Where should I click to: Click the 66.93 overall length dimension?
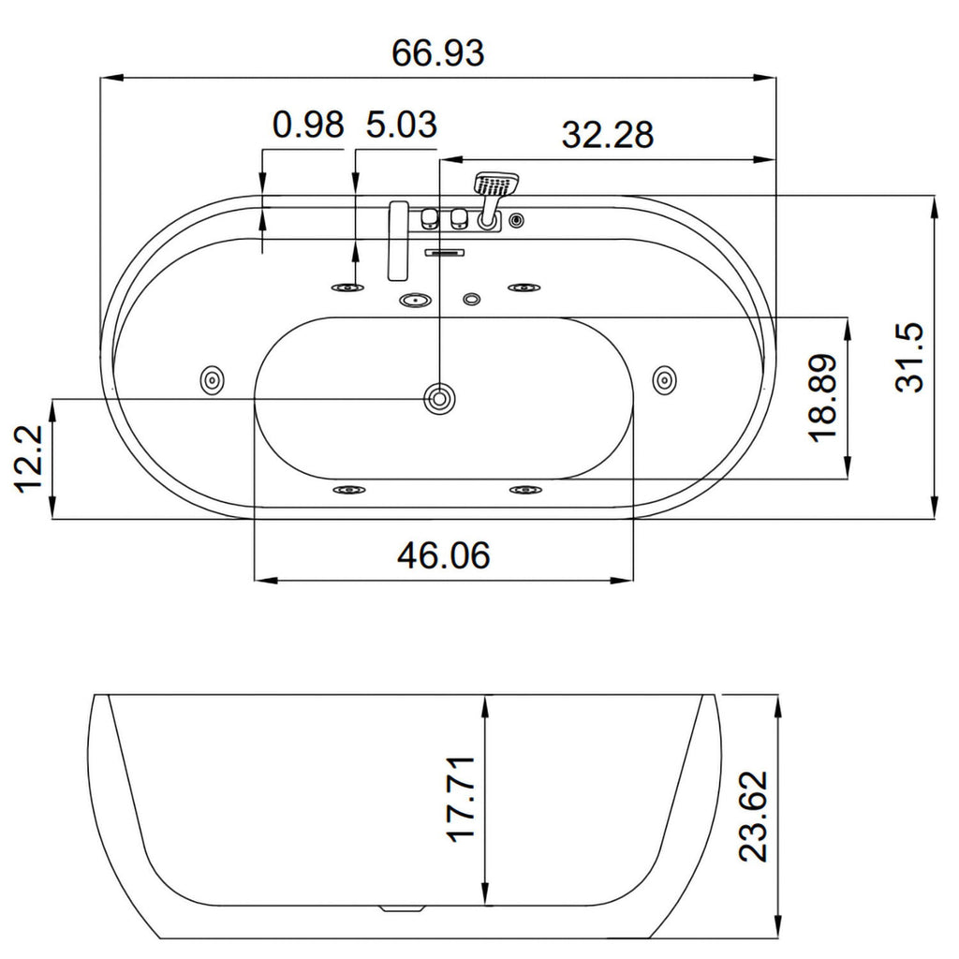click(438, 52)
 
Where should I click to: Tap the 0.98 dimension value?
click(308, 125)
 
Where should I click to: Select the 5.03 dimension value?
click(402, 125)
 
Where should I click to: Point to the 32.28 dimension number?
click(607, 135)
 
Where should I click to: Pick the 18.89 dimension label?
click(822, 397)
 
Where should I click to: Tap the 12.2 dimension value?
click(27, 459)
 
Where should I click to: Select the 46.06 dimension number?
click(443, 556)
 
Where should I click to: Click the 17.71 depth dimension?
click(462, 800)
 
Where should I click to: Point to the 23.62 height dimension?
click(752, 817)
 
